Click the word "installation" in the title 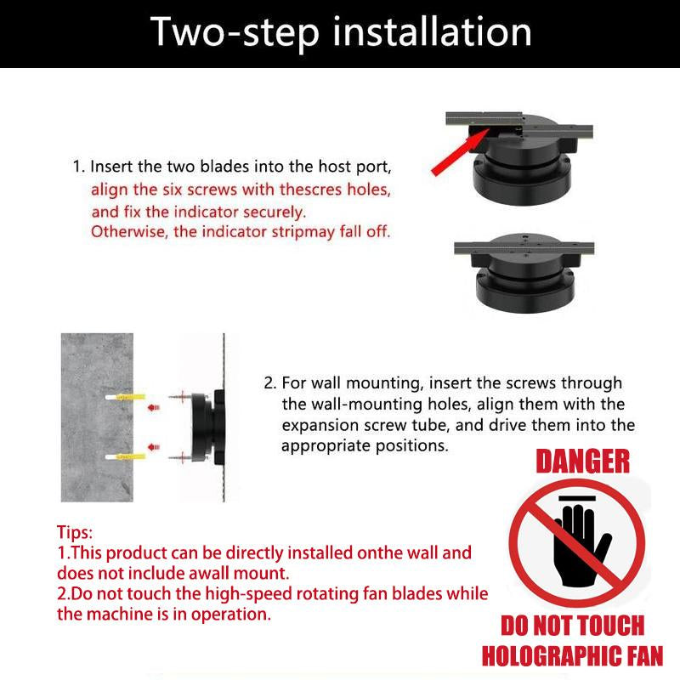click(x=432, y=32)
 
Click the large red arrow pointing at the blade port click(x=460, y=152)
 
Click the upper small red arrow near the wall click(x=154, y=408)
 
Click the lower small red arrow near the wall click(x=154, y=447)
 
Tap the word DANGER click(x=582, y=462)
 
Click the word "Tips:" click(x=75, y=532)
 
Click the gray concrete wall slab click(x=97, y=417)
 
